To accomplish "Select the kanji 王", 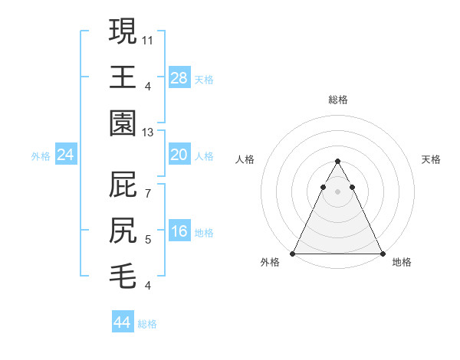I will click(x=123, y=77).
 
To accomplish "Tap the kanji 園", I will click(x=123, y=123).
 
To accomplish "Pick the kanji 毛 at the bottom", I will click(x=123, y=274).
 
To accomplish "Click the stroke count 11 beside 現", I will click(x=148, y=39).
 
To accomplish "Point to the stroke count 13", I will click(x=148, y=133).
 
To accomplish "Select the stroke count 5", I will click(x=148, y=240).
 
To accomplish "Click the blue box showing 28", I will click(x=179, y=77).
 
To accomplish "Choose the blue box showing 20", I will click(x=179, y=155).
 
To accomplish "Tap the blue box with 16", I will click(x=179, y=231).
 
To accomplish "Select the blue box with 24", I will click(x=66, y=155).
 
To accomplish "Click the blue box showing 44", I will click(x=123, y=322).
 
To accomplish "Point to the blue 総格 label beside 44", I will click(x=147, y=324).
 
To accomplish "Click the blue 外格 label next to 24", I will click(x=41, y=156).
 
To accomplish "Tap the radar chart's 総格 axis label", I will click(x=337, y=100).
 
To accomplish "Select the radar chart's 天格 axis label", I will click(x=431, y=159).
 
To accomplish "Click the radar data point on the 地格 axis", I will click(x=383, y=254).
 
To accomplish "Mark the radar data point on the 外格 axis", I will click(x=293, y=254).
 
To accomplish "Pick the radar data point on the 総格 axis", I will click(x=337, y=162).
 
